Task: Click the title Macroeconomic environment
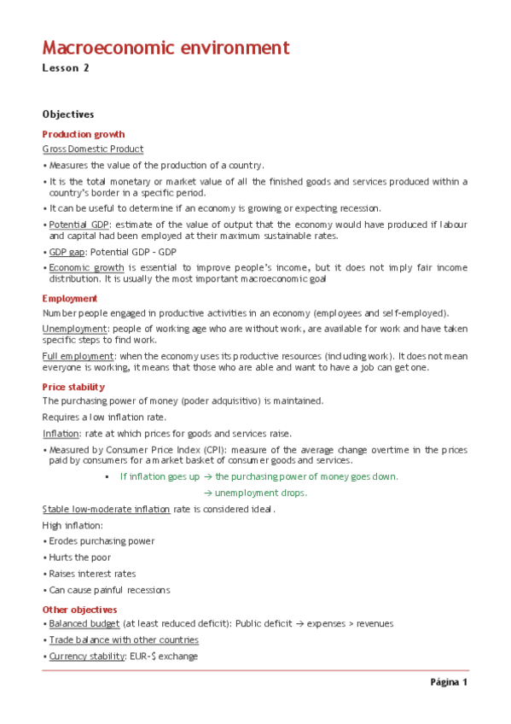(x=165, y=48)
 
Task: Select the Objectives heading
(x=68, y=114)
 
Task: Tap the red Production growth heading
(x=84, y=134)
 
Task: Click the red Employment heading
(x=70, y=299)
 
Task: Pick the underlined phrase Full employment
(x=78, y=356)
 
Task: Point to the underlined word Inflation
(x=61, y=433)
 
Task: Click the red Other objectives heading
(x=80, y=610)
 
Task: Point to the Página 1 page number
(x=449, y=683)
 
